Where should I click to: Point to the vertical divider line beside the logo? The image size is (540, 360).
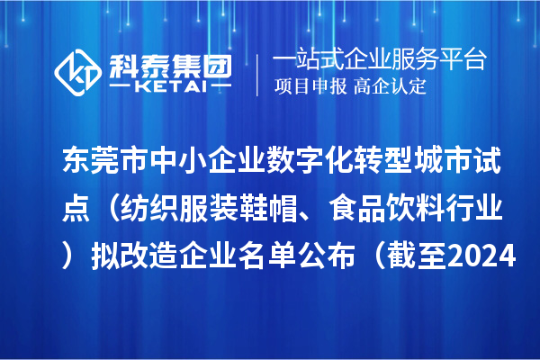(258, 75)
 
